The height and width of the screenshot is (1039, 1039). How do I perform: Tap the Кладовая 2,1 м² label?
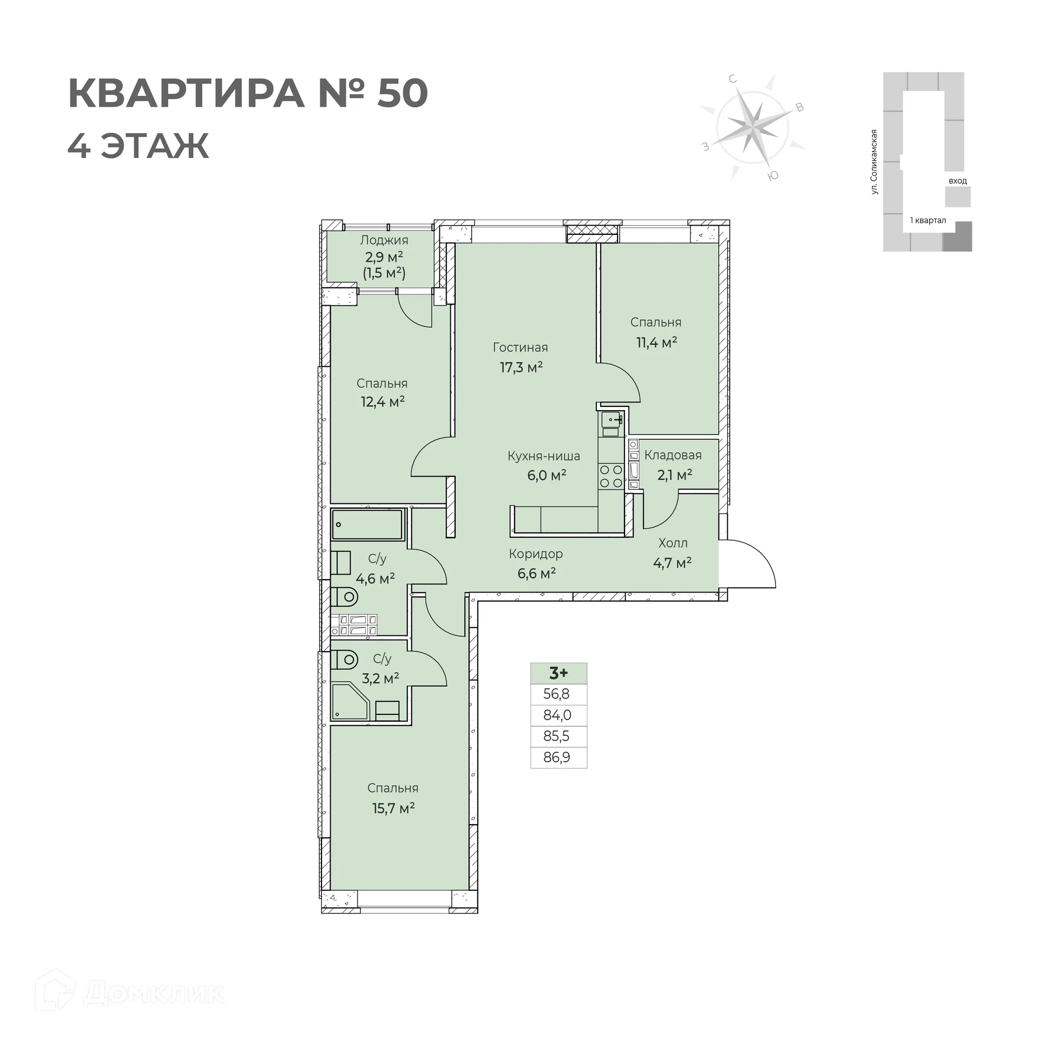coord(673,465)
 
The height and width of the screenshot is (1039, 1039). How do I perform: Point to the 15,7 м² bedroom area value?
coord(393,808)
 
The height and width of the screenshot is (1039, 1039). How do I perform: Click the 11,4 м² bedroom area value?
coord(656,342)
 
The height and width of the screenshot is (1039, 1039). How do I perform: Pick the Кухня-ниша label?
coord(543,456)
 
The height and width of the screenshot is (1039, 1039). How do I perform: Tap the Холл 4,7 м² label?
coord(673,553)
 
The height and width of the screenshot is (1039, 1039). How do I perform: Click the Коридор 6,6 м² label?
coord(536,563)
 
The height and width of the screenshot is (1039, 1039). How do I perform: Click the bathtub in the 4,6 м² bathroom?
coord(367,524)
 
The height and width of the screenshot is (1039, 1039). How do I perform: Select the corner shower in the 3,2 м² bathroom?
coord(349,702)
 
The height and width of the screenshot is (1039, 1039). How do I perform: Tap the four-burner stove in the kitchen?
coord(611,476)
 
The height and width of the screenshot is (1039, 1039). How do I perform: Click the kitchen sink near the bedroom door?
coord(612,419)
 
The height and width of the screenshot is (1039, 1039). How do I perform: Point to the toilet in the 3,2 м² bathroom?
coord(345,660)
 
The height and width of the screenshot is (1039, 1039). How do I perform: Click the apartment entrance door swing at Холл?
coord(749,563)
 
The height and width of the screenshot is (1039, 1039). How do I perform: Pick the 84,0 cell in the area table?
coord(558,715)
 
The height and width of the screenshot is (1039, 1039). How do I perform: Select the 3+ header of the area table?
coord(558,673)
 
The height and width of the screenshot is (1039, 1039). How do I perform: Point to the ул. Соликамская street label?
coord(874,162)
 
